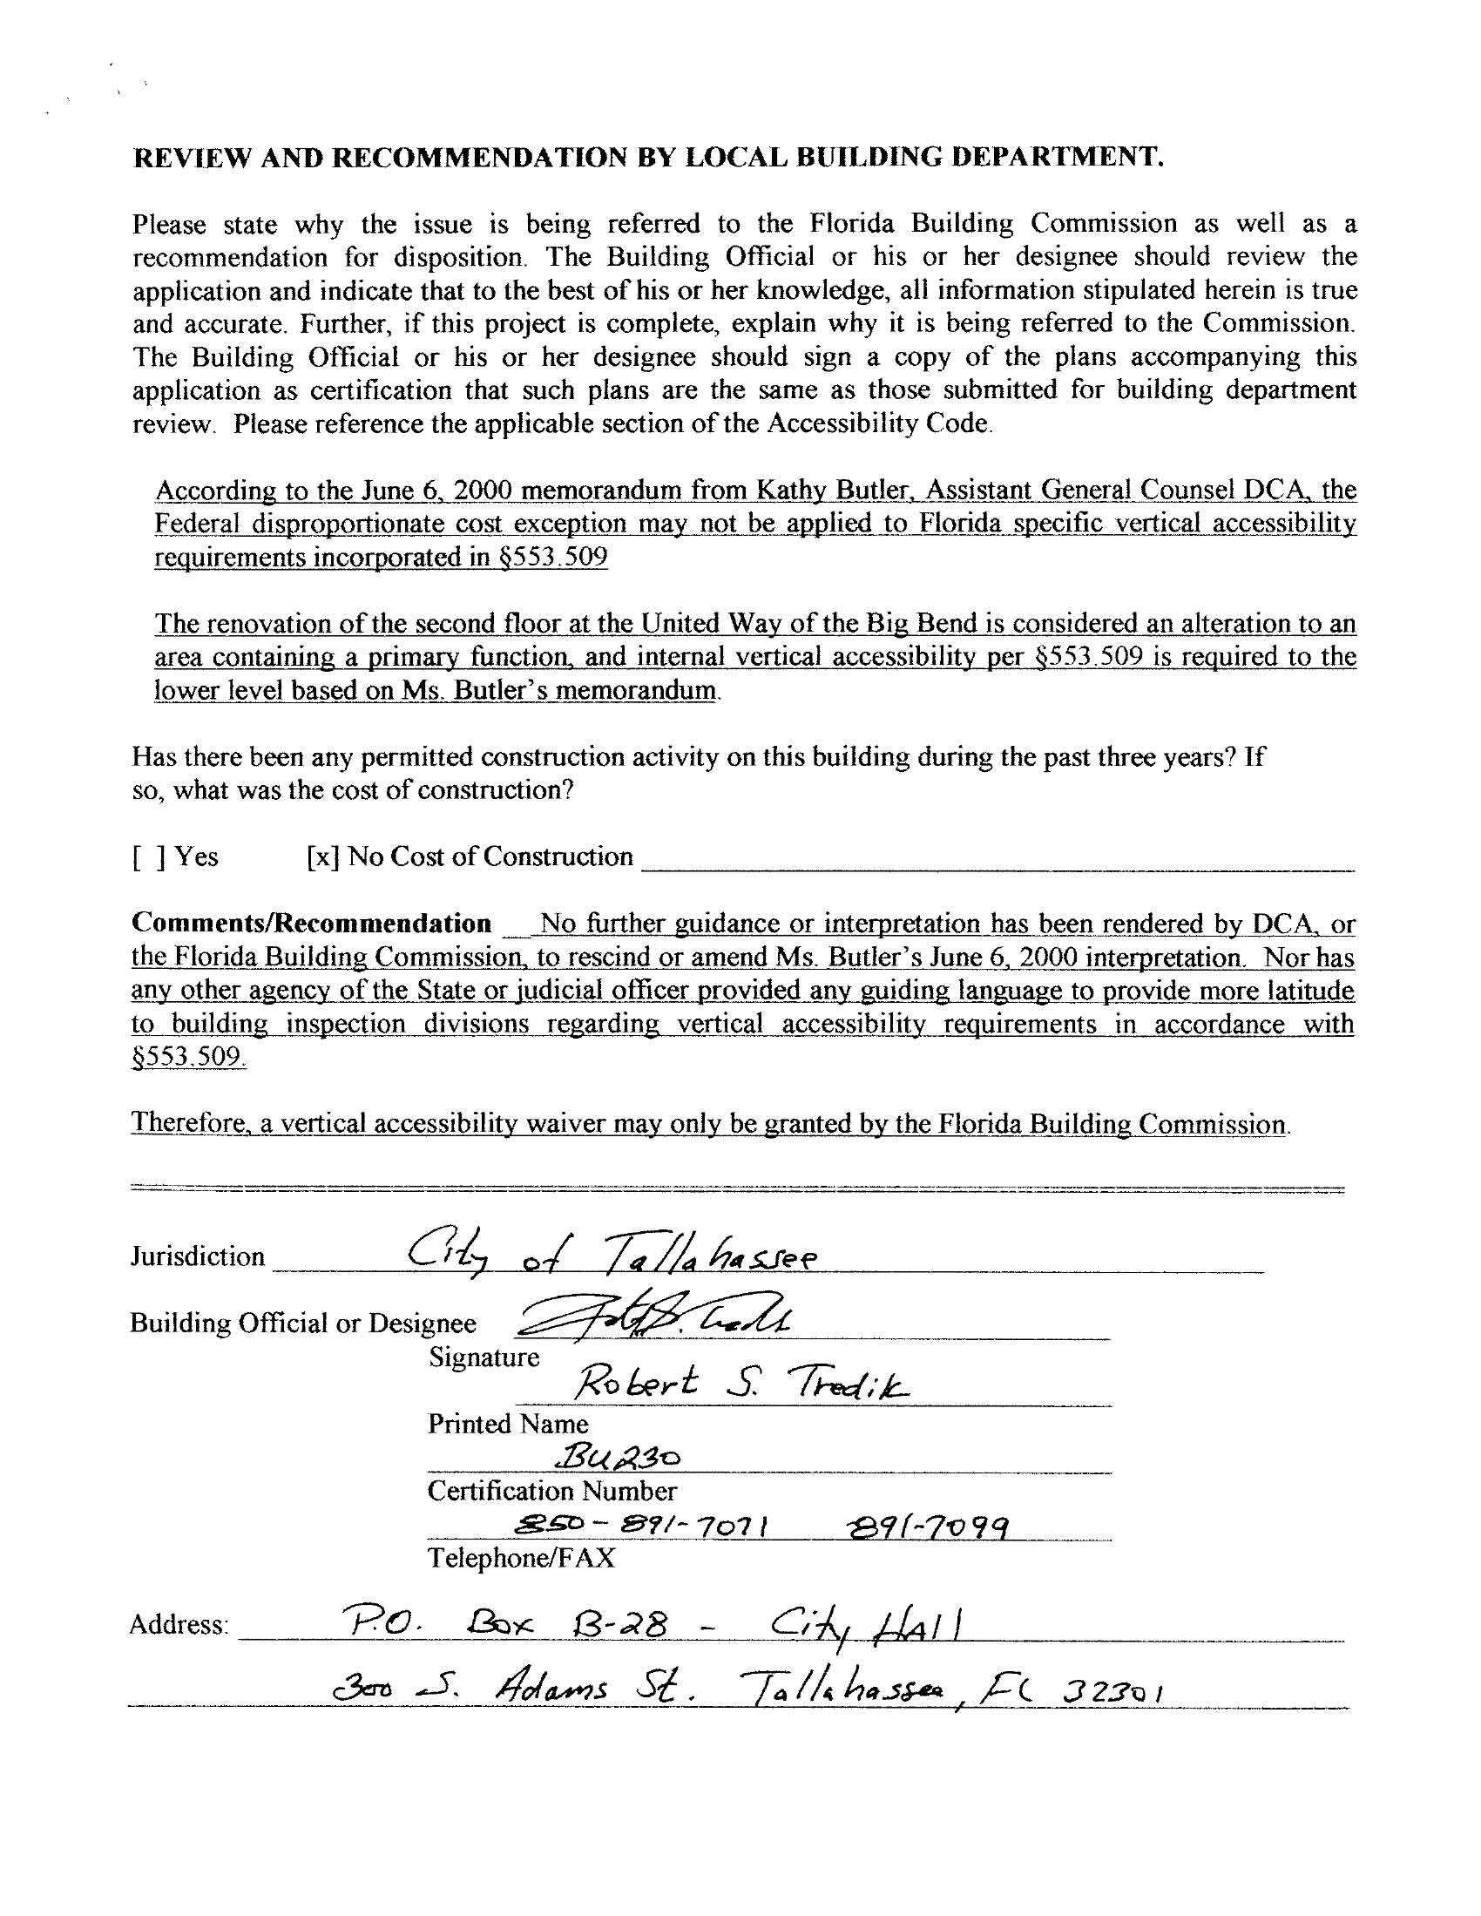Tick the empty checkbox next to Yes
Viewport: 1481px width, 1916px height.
[x=148, y=857]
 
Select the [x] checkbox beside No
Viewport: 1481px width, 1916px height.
[x=322, y=857]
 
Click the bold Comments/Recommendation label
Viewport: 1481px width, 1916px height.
[x=312, y=924]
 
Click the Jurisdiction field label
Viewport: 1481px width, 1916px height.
[x=198, y=1256]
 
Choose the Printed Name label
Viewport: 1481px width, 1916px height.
[x=508, y=1424]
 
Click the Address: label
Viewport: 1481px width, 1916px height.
[x=179, y=1626]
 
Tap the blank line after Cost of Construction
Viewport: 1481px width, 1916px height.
[x=997, y=863]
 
